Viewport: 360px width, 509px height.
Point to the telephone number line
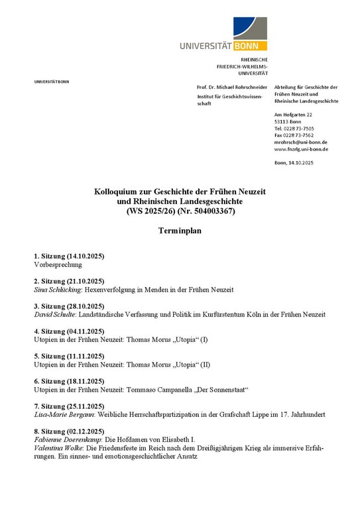294,128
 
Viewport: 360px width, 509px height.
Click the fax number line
294,135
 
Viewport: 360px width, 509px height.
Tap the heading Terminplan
179,232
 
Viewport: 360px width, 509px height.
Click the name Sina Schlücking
54,290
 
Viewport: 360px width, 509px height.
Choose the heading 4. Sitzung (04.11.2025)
69,331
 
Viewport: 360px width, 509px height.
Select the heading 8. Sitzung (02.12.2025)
69,431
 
